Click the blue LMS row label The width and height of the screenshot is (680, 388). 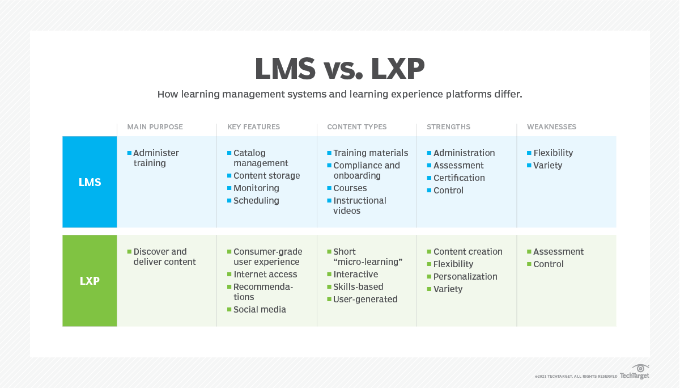(90, 182)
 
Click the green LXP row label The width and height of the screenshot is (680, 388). (90, 281)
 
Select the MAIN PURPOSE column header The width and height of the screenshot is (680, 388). (155, 127)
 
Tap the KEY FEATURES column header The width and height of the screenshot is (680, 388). (253, 127)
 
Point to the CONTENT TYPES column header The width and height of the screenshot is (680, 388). (356, 127)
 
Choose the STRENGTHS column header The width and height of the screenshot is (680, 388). (448, 127)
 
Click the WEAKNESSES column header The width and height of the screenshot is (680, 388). (551, 127)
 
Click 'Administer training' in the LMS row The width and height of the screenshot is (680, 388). (156, 158)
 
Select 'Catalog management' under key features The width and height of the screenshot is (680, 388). (261, 158)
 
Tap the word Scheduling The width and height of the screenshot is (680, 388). (256, 201)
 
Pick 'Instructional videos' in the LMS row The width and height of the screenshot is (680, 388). (359, 206)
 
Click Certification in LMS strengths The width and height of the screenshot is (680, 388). (459, 178)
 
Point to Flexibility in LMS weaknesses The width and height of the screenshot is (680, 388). (553, 153)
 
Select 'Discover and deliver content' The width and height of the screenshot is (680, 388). (164, 257)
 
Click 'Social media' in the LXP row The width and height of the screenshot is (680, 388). (260, 310)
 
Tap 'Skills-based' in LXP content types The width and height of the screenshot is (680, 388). (358, 287)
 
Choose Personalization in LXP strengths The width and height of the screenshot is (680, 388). (465, 277)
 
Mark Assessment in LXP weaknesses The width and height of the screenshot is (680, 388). (558, 252)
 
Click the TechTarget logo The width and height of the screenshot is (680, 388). (635, 373)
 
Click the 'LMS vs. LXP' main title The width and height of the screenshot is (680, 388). (339, 69)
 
